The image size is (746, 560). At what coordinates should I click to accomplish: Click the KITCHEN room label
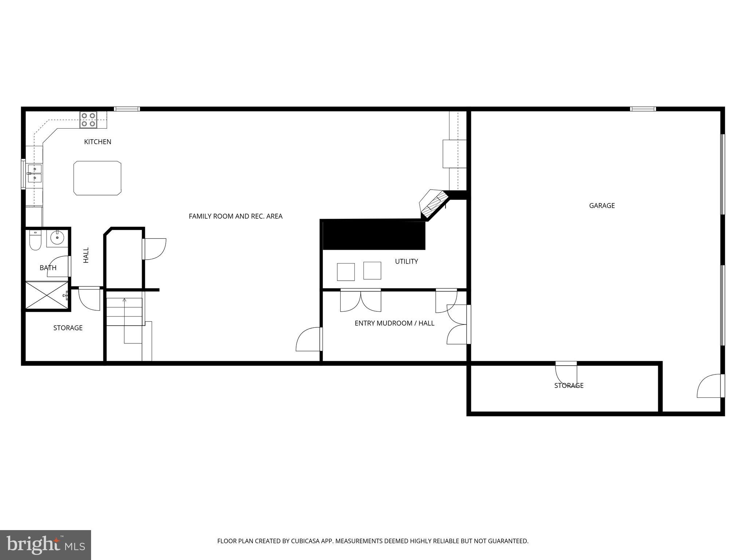tap(98, 142)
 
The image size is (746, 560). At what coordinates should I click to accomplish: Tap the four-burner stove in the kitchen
tap(89, 120)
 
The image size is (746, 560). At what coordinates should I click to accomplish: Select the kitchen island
tap(97, 178)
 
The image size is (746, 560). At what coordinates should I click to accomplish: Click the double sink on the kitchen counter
tap(35, 174)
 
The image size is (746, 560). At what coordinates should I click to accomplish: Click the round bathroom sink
tap(57, 238)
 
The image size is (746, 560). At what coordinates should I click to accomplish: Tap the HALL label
tap(86, 255)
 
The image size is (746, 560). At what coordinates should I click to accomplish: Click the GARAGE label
tap(602, 206)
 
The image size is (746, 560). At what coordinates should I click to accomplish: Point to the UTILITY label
tap(406, 261)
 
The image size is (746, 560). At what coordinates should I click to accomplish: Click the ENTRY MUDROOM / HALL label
tap(394, 323)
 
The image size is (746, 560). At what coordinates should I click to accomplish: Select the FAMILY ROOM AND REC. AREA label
tap(235, 216)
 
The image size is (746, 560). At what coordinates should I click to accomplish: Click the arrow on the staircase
tap(125, 300)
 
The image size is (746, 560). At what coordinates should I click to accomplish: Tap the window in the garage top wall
tap(643, 109)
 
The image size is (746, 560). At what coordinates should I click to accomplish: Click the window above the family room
tap(127, 109)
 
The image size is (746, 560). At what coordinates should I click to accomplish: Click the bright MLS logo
tap(46, 545)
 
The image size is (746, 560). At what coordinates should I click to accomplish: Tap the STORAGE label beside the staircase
tap(68, 328)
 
